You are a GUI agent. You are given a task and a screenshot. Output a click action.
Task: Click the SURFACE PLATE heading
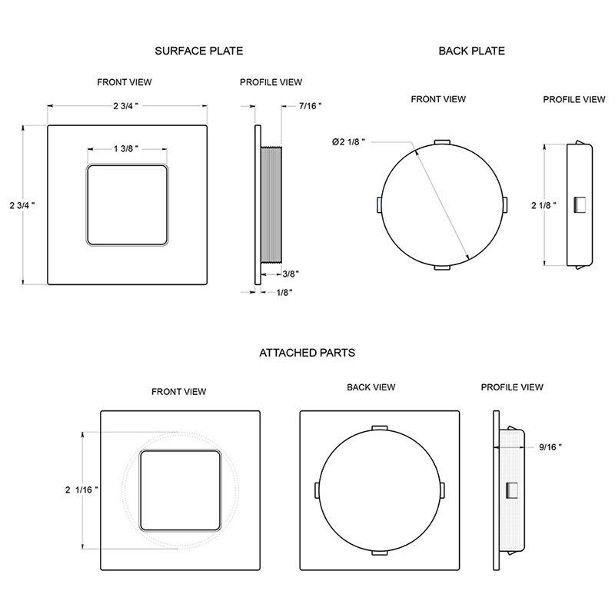pyautogui.click(x=199, y=51)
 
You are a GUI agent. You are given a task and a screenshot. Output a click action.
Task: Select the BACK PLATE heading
pyautogui.click(x=471, y=51)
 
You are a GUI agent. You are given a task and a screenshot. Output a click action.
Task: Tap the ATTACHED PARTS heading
pyautogui.click(x=307, y=353)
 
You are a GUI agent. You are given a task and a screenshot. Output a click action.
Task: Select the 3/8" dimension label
pyautogui.click(x=291, y=273)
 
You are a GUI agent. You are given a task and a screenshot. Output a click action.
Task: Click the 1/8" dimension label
pyautogui.click(x=283, y=292)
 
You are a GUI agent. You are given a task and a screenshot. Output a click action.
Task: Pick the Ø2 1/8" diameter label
pyautogui.click(x=348, y=141)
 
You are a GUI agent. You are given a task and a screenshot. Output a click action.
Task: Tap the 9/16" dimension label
pyautogui.click(x=550, y=446)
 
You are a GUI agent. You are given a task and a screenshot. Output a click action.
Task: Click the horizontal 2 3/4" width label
pyautogui.click(x=126, y=105)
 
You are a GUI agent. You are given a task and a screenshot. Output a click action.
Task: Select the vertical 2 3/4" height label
pyautogui.click(x=23, y=205)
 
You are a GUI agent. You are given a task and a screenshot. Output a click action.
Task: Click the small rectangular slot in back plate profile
pyautogui.click(x=581, y=204)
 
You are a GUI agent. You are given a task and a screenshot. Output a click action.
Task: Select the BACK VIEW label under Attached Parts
pyautogui.click(x=371, y=387)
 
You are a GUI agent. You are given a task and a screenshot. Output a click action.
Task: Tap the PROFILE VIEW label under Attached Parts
pyautogui.click(x=512, y=387)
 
